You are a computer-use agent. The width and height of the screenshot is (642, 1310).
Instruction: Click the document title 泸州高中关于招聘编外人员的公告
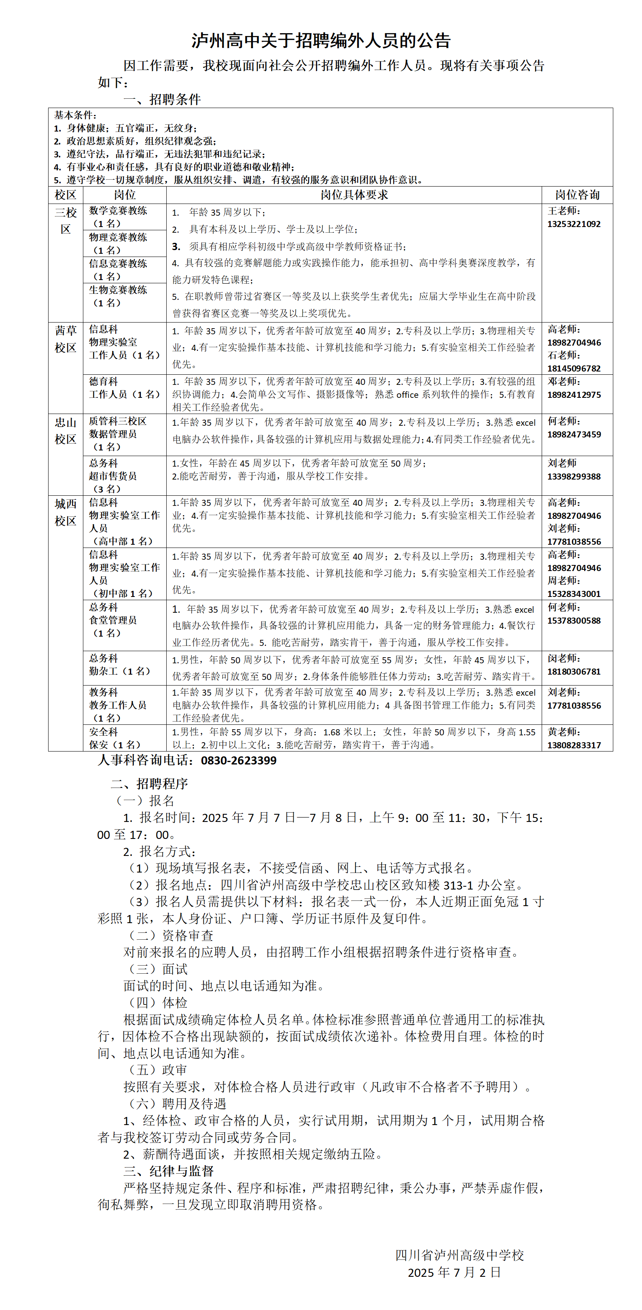[321, 41]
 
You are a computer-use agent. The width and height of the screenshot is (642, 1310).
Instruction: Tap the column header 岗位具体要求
[354, 195]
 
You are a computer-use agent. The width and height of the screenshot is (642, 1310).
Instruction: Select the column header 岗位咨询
[577, 195]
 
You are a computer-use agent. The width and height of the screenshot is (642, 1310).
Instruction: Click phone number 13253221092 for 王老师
[573, 224]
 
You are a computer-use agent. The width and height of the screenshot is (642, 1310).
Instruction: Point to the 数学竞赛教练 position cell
[118, 217]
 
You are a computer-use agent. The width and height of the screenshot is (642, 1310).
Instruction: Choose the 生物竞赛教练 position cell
[118, 296]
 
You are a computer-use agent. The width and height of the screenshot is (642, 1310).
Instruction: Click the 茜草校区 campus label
[66, 339]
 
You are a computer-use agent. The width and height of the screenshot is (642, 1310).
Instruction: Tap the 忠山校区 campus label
[66, 430]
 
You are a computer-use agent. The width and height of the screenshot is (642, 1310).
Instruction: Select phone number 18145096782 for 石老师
[573, 368]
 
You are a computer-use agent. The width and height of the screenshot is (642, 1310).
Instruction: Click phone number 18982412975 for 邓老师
[573, 395]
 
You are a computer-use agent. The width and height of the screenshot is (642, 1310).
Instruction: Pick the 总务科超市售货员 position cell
[113, 476]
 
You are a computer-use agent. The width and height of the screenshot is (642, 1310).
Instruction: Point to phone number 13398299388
[573, 476]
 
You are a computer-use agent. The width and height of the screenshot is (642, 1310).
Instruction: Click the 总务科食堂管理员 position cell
[113, 620]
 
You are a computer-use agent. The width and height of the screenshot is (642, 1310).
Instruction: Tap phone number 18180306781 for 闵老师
[573, 671]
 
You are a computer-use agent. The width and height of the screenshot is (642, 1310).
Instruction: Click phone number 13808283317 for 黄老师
[573, 745]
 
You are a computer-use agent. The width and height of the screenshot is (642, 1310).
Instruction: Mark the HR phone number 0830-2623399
[238, 760]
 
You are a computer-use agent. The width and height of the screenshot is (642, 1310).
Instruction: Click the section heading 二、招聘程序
[149, 783]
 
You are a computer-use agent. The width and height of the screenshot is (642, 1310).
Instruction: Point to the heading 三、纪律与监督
[168, 1171]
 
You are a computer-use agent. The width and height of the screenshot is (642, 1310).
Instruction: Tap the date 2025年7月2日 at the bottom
[454, 1272]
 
